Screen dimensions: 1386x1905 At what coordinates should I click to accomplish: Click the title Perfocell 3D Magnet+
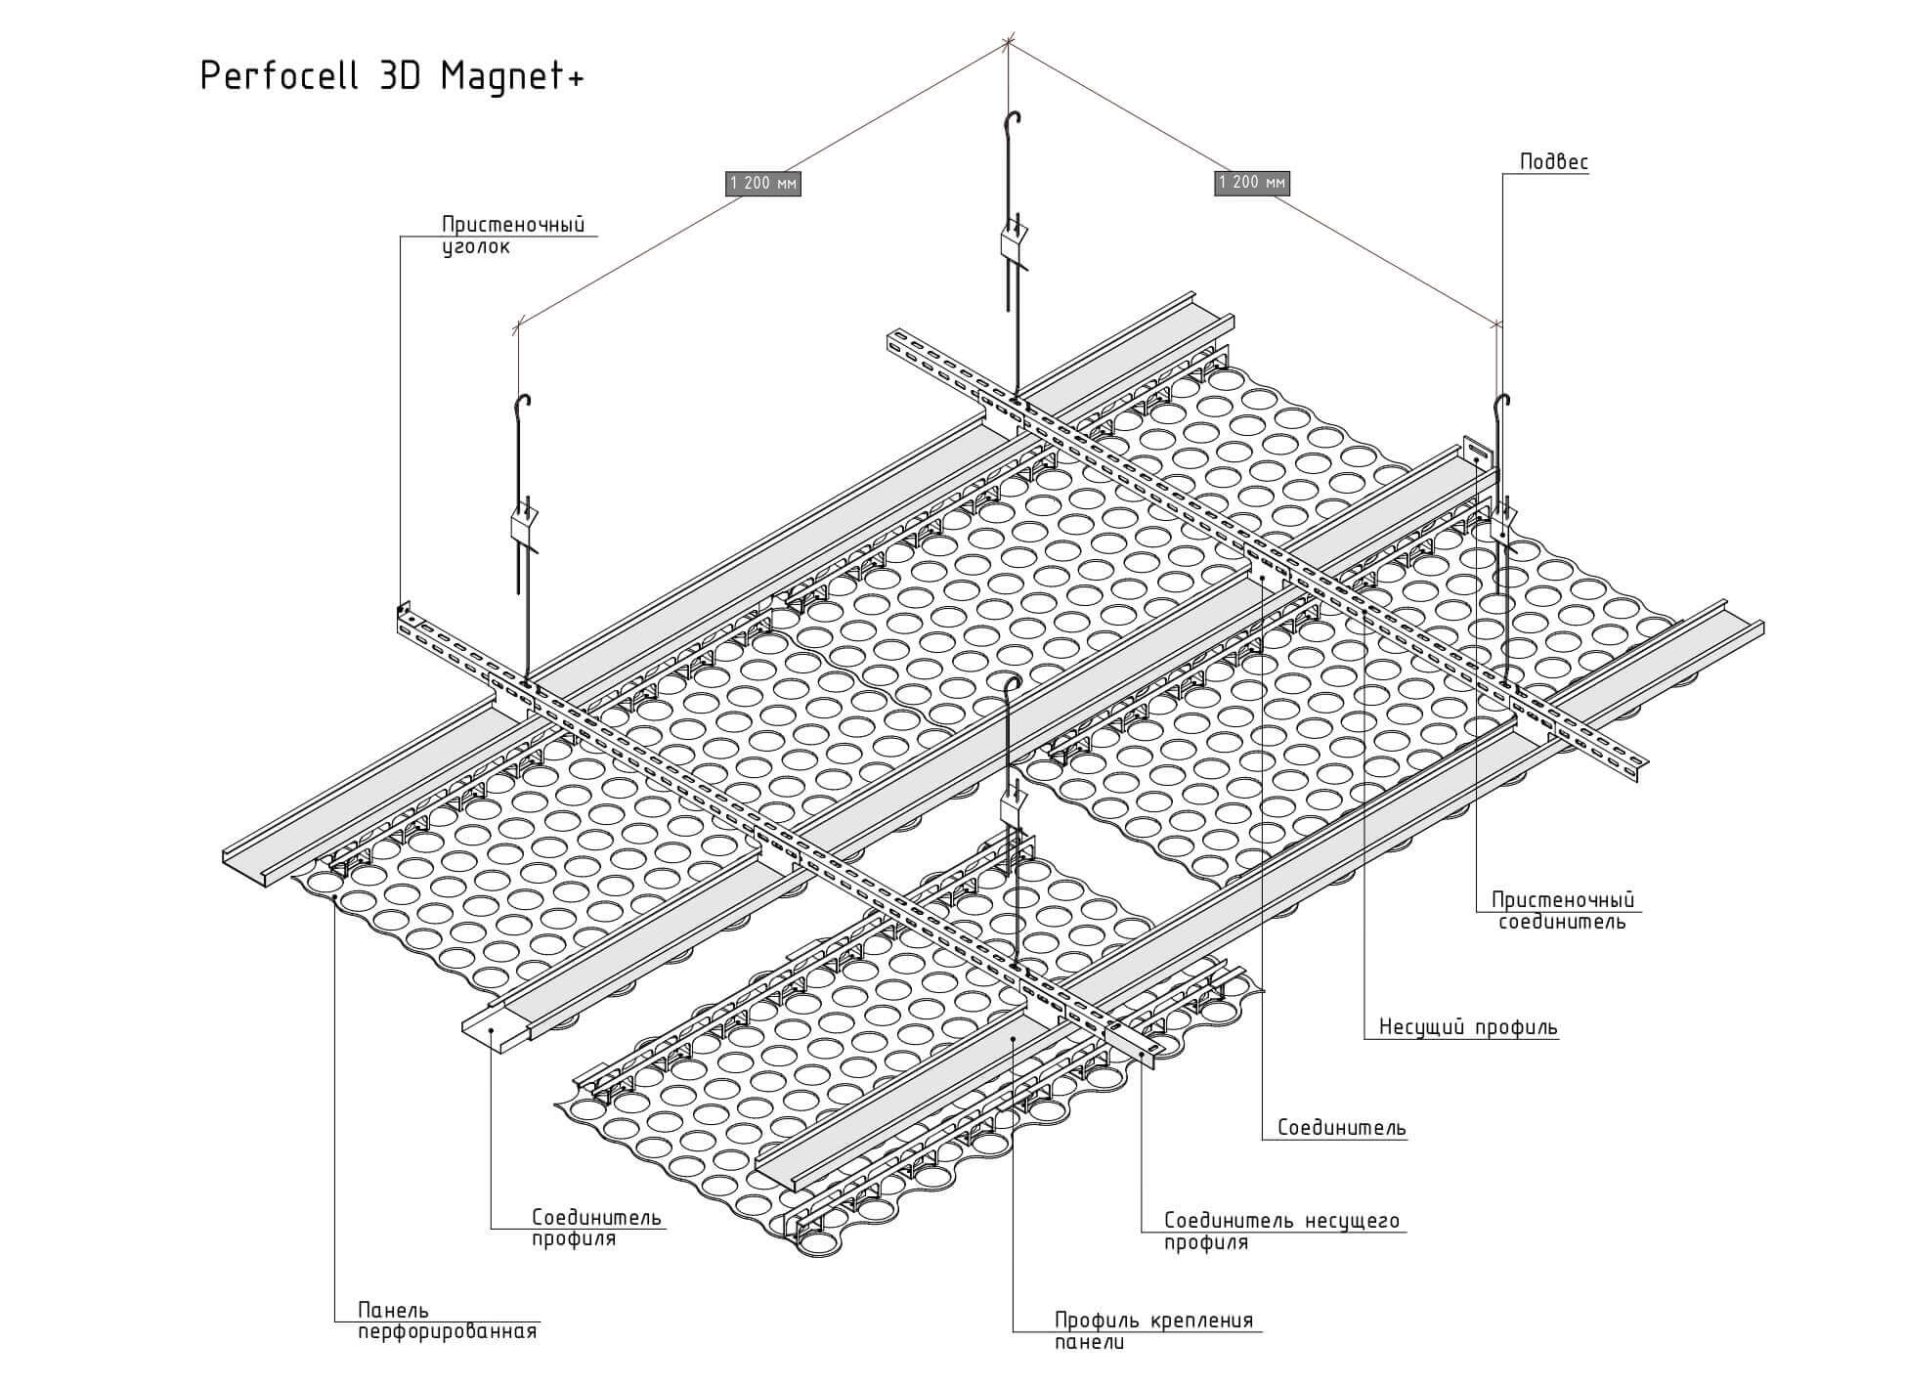391,76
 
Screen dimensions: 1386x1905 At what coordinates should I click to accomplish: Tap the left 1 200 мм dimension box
762,183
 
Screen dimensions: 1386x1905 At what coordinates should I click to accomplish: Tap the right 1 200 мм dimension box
1252,183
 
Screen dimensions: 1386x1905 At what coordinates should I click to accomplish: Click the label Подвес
1553,162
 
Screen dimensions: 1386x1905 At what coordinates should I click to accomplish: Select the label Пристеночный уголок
512,236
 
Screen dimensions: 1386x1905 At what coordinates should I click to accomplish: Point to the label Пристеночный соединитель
1562,910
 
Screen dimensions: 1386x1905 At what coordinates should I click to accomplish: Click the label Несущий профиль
1468,1027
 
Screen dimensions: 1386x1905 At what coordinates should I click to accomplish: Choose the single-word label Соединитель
1342,1128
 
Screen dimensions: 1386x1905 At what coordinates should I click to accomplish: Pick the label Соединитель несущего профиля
1280,1232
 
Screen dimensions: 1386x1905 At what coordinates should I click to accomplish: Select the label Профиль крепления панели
1152,1331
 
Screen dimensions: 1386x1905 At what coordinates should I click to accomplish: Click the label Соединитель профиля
596,1228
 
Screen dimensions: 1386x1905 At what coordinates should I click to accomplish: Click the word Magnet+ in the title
511,76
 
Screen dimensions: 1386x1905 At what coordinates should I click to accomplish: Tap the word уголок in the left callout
475,247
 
